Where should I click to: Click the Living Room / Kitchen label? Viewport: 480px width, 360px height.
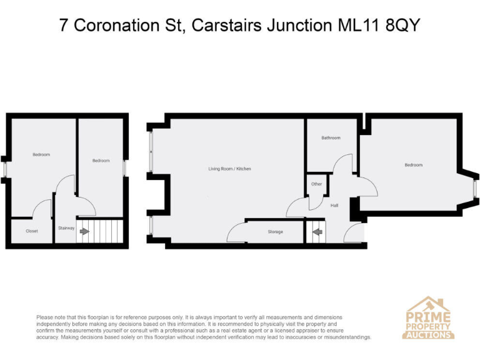coord(229,169)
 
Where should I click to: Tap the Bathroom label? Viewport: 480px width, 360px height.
coord(331,137)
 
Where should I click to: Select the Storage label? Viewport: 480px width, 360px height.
coord(275,232)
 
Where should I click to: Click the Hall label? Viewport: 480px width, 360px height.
coord(334,205)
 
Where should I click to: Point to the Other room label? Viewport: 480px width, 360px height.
coord(316,184)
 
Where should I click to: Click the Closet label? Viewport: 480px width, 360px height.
coord(32,231)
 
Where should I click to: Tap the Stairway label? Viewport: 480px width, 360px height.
coord(66,228)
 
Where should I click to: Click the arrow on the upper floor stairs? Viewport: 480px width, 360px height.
coord(84,232)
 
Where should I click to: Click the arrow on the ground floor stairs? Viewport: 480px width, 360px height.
coord(317,232)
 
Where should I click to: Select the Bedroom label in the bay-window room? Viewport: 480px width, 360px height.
coord(413,165)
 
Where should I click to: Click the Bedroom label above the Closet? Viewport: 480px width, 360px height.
coord(41,154)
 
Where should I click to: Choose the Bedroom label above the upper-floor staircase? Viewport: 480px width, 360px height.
coord(101,161)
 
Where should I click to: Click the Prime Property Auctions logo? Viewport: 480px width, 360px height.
coord(429,318)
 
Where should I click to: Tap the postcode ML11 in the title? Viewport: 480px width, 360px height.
coord(364,25)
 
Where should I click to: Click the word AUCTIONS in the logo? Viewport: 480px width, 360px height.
coord(429,334)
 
